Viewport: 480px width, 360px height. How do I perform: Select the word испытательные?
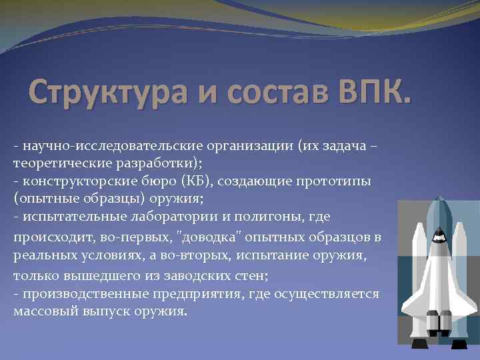pos(67,217)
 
